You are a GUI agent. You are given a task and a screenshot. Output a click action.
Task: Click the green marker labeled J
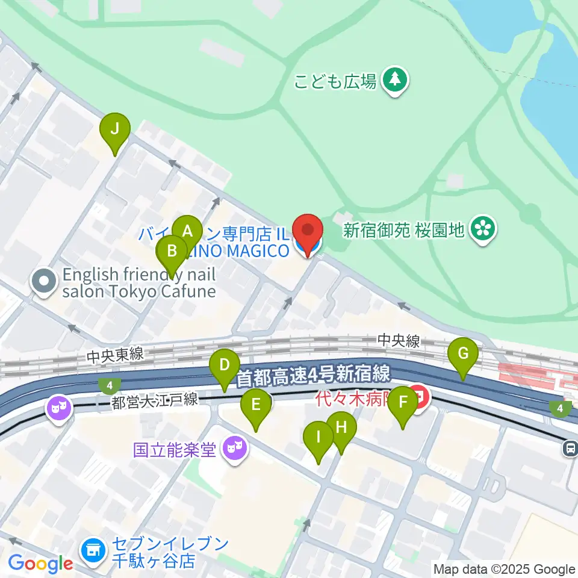click(114, 129)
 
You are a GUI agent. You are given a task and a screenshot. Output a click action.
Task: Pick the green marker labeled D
click(225, 365)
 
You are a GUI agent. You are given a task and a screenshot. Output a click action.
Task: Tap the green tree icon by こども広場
click(395, 79)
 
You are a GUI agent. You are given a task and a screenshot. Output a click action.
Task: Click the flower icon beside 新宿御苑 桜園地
click(482, 229)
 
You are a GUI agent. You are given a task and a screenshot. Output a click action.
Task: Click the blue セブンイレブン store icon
click(93, 549)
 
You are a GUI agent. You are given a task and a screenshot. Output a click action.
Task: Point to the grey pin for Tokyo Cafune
click(45, 281)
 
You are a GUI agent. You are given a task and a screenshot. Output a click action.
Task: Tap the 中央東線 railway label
click(114, 355)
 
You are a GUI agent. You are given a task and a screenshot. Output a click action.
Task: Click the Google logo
click(41, 564)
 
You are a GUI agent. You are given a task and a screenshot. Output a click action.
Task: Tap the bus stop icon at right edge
click(570, 447)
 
